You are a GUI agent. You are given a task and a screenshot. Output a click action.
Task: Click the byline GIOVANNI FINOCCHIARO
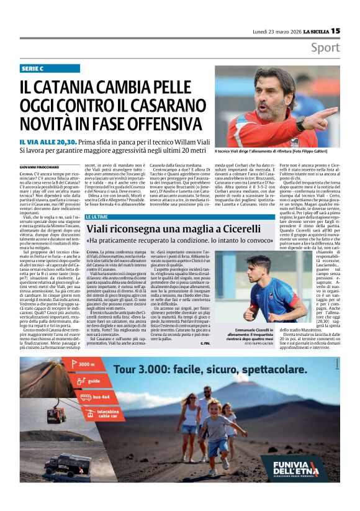pos(38,167)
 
